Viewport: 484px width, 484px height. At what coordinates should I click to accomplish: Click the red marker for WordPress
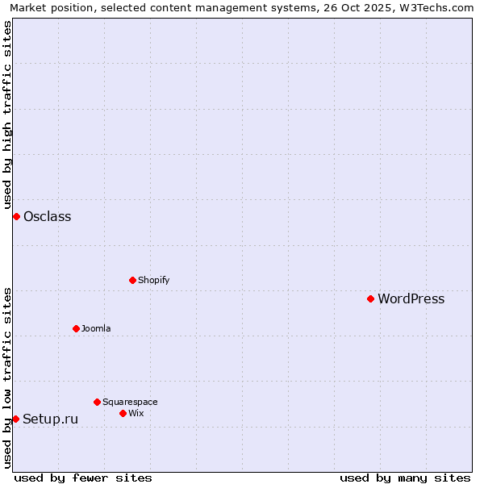(x=370, y=298)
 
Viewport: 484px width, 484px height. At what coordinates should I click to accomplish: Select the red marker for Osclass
(x=16, y=216)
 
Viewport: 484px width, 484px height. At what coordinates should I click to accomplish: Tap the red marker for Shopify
(x=132, y=280)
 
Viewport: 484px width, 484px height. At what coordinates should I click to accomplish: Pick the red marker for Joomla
(x=76, y=328)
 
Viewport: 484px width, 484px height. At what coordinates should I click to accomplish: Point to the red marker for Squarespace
(x=97, y=402)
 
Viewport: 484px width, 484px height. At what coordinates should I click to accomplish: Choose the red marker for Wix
(x=123, y=413)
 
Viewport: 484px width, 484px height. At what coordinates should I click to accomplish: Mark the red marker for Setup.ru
(x=15, y=419)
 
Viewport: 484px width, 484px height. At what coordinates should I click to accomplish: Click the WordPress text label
(x=411, y=298)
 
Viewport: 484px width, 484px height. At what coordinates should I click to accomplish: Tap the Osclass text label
(x=47, y=216)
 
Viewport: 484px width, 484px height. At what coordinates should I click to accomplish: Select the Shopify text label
(x=153, y=280)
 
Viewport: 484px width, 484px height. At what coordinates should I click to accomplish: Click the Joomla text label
(x=96, y=328)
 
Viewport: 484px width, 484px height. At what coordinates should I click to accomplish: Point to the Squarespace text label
(x=130, y=402)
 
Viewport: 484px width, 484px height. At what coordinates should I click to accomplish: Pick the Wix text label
(x=136, y=413)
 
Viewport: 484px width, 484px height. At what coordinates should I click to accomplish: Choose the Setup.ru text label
(x=50, y=419)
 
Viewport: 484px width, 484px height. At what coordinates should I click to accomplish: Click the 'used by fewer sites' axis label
(x=83, y=478)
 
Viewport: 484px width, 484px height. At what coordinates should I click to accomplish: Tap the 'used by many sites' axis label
(x=405, y=478)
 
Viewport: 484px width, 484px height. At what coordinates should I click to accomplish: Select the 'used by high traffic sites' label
(x=7, y=115)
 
